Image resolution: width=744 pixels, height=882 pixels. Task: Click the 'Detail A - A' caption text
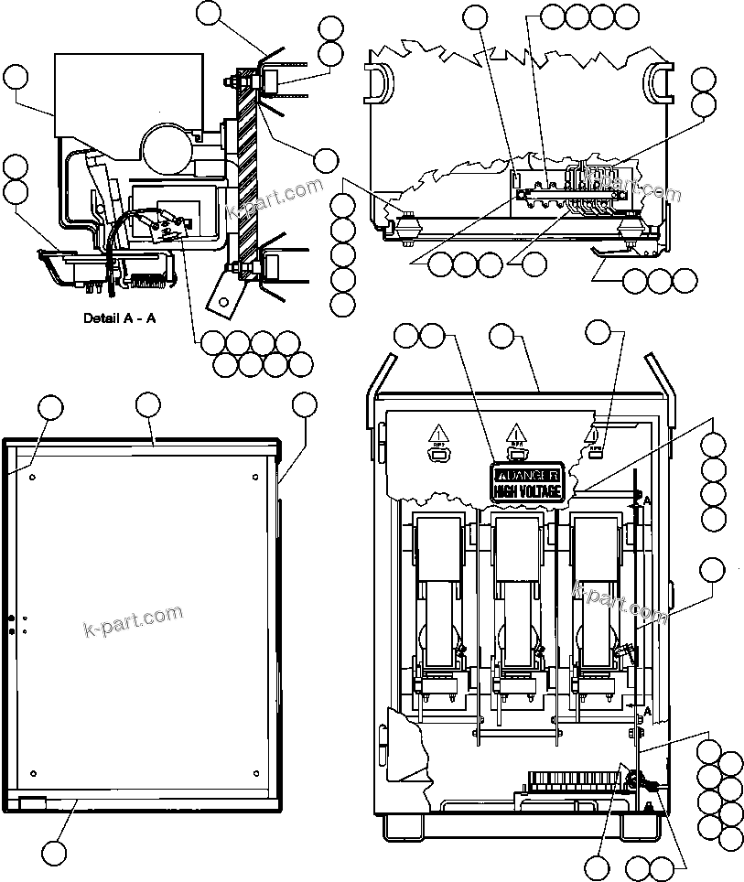(122, 319)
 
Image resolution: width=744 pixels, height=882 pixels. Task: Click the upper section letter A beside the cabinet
(647, 500)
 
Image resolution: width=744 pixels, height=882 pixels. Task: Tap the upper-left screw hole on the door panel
(33, 477)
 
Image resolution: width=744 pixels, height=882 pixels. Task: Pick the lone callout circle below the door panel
(56, 853)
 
